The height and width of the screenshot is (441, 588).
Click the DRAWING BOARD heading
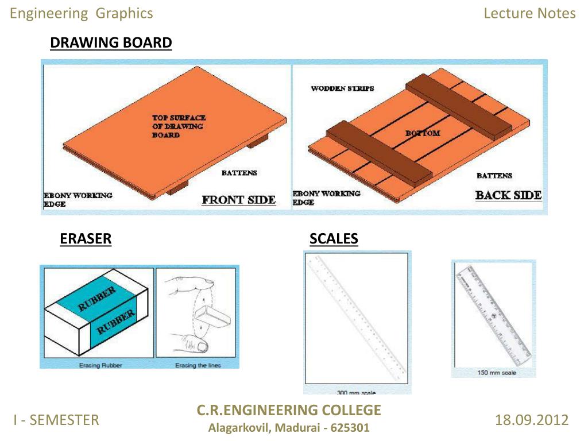coord(111,43)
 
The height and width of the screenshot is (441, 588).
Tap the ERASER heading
coord(86,239)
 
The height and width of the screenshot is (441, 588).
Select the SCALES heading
coord(334,239)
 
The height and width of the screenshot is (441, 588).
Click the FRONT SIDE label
coord(238,200)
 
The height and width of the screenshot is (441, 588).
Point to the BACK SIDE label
coord(508,195)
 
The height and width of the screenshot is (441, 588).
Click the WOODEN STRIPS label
coord(342,88)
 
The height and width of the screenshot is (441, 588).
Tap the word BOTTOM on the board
coord(423,133)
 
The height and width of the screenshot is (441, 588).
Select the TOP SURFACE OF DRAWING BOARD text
coord(179,126)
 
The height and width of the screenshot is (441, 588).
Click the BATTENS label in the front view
coord(239,172)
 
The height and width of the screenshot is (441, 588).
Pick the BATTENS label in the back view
coord(494,176)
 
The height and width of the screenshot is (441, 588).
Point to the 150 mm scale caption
coord(497,373)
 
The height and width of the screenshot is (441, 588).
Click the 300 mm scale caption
coord(356,393)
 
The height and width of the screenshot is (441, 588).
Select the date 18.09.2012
coord(531,420)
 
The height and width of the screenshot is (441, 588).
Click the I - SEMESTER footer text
coord(56,420)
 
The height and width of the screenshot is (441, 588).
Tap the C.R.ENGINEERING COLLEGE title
coord(289,410)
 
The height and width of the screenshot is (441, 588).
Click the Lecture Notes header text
coord(529,13)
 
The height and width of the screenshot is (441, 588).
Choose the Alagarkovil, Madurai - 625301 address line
coord(289,428)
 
